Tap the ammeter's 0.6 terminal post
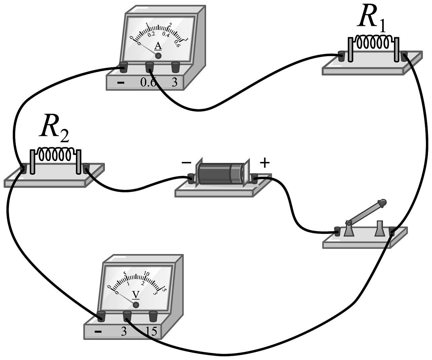(149, 67)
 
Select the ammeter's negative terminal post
(123, 67)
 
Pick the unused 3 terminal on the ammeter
(175, 67)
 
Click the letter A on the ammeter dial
(158, 46)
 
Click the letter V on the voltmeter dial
(135, 294)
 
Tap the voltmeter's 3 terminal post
(127, 315)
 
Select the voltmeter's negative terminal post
(101, 315)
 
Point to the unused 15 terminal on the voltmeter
(153, 315)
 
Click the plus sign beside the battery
(265, 163)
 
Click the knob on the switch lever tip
(382, 203)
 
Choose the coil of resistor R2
(55, 154)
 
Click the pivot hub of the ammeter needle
(158, 56)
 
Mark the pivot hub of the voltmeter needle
(136, 305)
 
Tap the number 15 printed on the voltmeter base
(152, 332)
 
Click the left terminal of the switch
(337, 231)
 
